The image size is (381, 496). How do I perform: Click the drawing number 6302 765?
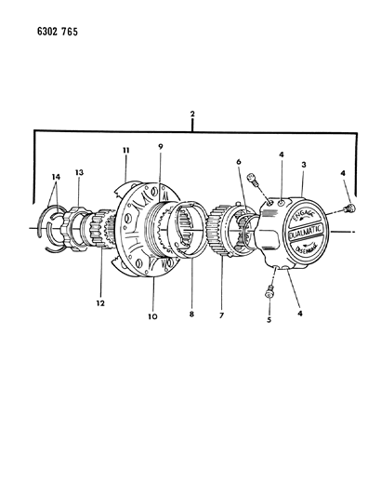[x=44, y=32]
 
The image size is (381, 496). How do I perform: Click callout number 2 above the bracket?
[x=190, y=114]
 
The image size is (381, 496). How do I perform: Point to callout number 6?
[x=239, y=162]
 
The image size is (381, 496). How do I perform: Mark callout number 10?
[x=153, y=317]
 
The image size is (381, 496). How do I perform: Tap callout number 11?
[x=124, y=150]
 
